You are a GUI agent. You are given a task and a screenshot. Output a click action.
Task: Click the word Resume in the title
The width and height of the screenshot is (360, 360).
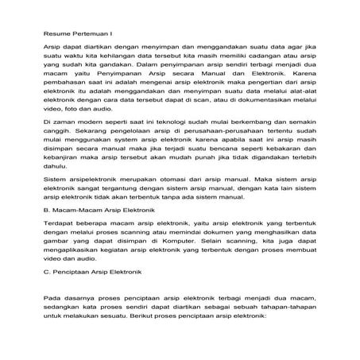pos(55,33)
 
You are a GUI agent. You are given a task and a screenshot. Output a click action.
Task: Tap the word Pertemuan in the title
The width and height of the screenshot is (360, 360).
pos(91,33)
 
